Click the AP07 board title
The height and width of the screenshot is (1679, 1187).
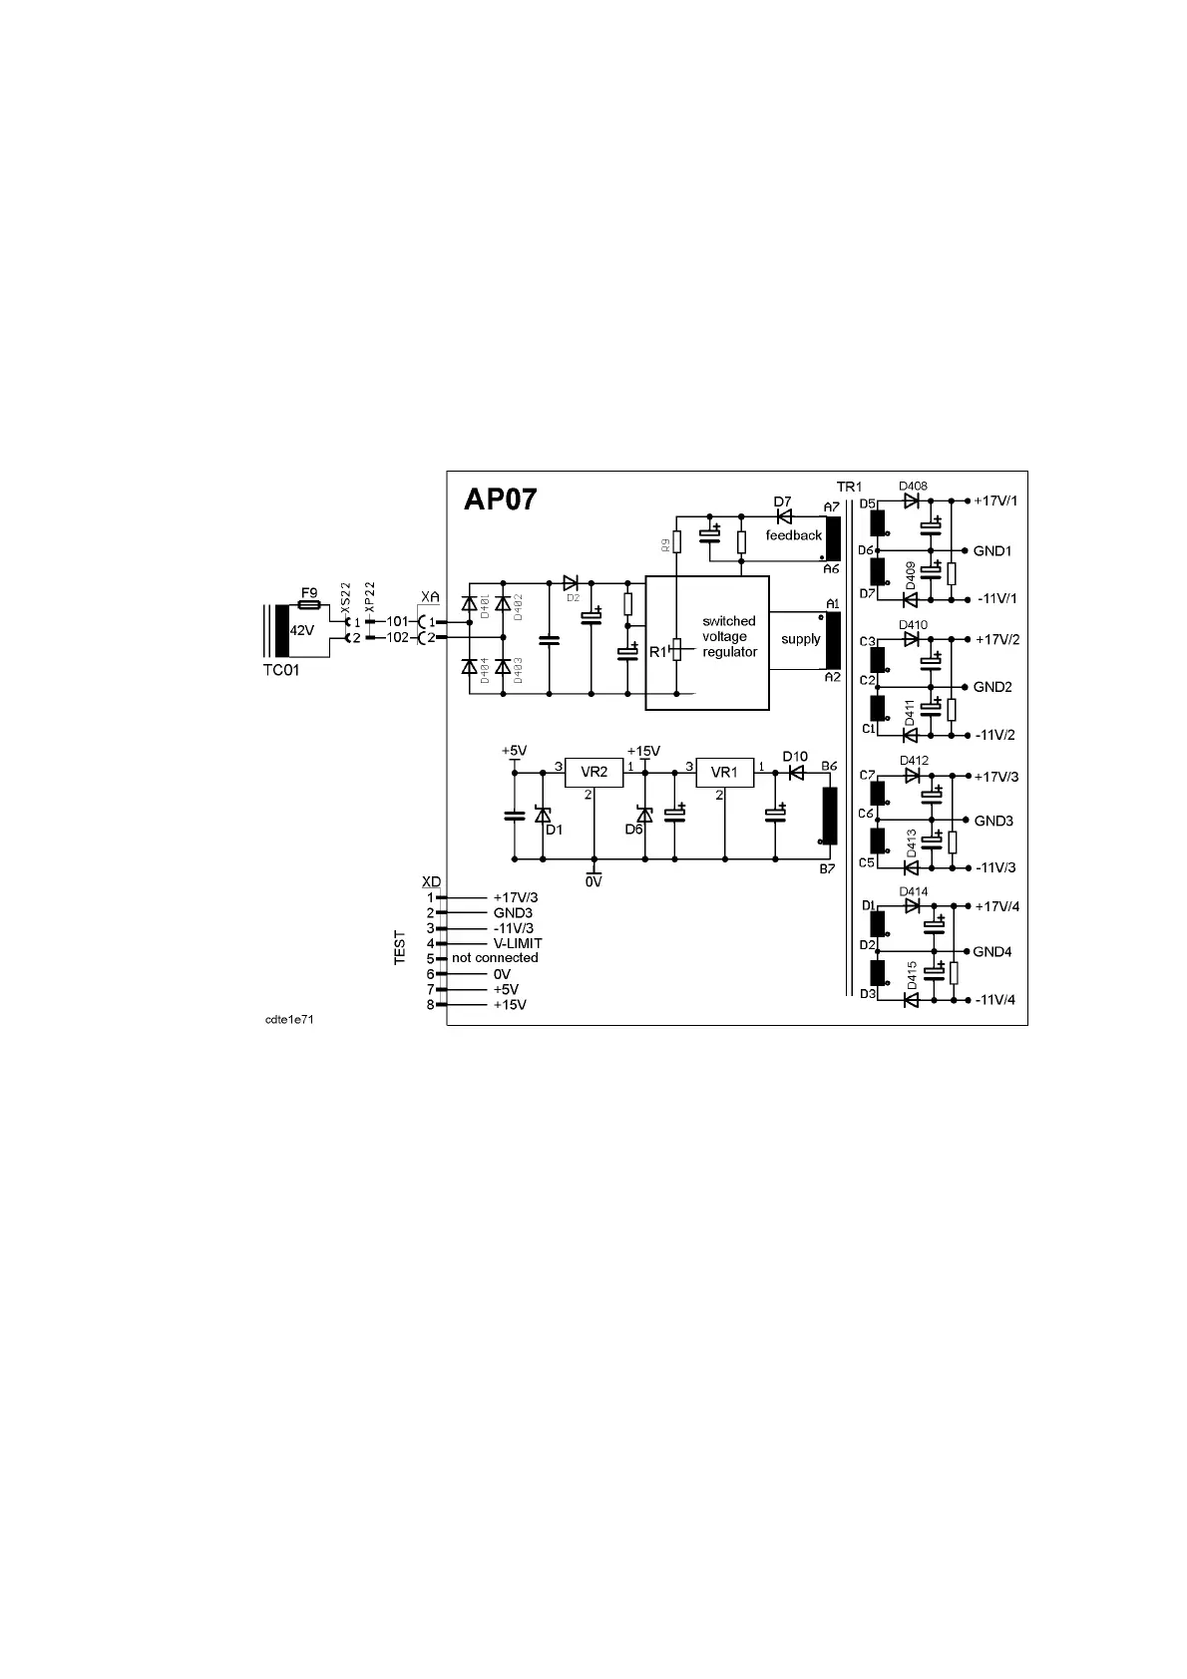pos(501,500)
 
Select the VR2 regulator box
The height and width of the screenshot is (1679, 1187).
pos(594,773)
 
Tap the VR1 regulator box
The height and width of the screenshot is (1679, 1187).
pos(724,773)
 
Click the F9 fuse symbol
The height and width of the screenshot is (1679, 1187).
pos(309,605)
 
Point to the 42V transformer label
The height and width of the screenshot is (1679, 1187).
pos(302,631)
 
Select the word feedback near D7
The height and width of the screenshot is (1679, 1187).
pos(794,535)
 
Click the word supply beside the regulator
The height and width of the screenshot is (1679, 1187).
pos(800,639)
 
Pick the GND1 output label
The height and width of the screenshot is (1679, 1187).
pos(993,550)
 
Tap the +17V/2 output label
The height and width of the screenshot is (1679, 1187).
pos(997,639)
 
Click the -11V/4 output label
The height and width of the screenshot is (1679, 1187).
pos(996,1000)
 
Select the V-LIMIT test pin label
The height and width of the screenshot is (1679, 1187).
pos(518,943)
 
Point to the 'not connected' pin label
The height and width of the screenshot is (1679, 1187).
pos(495,958)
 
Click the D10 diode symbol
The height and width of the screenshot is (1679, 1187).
pos(796,772)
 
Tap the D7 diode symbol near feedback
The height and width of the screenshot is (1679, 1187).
pos(783,516)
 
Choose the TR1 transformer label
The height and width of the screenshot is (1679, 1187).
pos(849,487)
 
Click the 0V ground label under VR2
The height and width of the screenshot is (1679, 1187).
pos(593,881)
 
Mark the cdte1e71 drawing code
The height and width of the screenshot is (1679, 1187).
pos(289,1020)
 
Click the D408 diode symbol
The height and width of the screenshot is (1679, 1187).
pos(911,502)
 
